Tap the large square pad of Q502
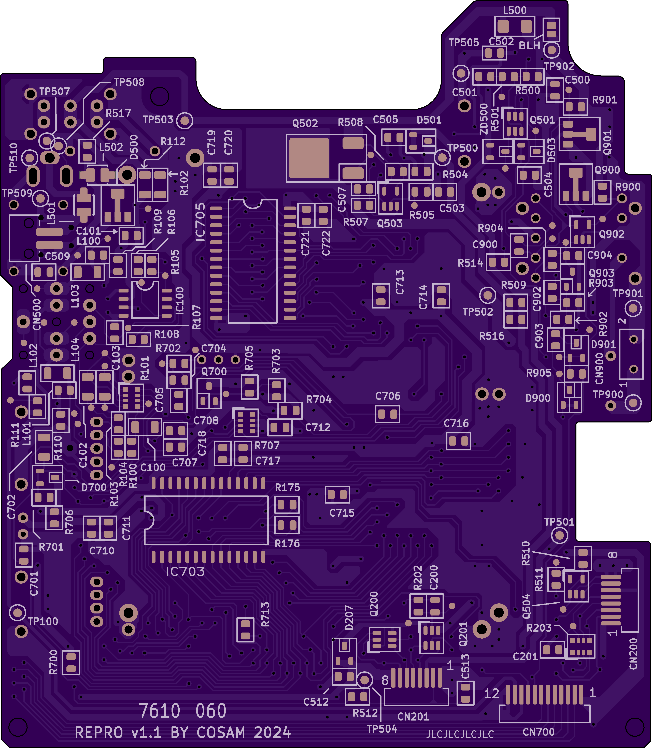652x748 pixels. pos(310,158)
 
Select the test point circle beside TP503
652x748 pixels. pos(185,120)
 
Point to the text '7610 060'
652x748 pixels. pos(183,711)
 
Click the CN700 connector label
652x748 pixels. pos(538,732)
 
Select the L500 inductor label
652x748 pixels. pos(515,10)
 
